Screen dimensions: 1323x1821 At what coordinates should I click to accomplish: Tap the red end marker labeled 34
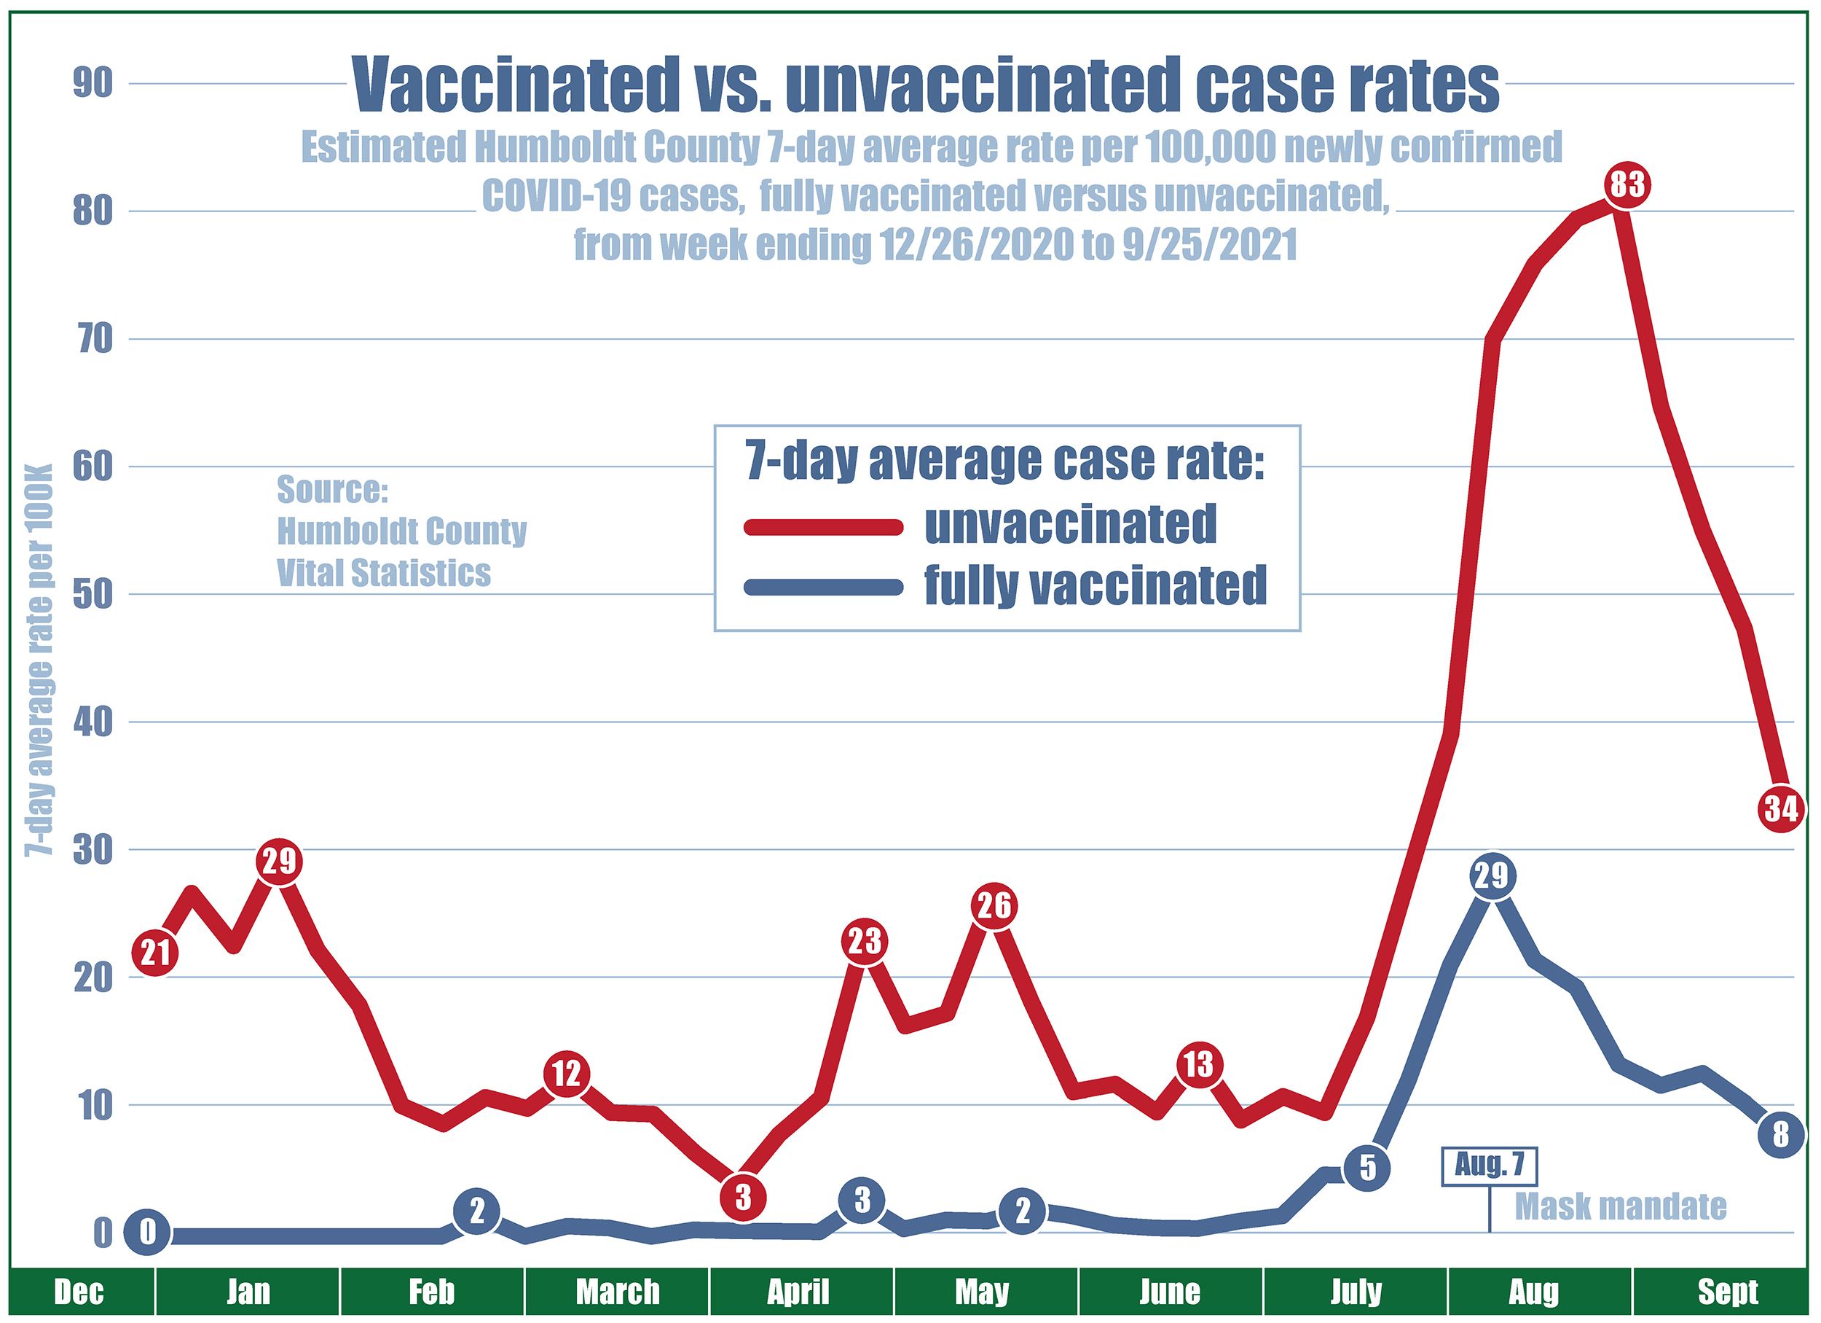coord(1780,809)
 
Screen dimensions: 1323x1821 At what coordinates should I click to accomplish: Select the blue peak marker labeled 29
coord(1492,875)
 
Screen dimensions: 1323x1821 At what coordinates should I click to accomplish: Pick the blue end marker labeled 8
coord(1780,1135)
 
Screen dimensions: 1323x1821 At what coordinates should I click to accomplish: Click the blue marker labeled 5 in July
coord(1368,1168)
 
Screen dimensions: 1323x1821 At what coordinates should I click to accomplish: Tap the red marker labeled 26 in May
coord(994,906)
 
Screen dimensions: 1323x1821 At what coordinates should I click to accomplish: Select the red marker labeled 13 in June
coord(1199,1065)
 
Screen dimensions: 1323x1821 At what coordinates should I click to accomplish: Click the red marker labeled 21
coord(155,953)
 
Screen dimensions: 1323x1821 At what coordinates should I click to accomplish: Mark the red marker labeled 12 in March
coord(567,1074)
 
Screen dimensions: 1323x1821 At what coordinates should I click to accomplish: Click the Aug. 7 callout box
coord(1490,1166)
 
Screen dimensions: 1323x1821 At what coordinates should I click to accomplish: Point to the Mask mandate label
coord(1620,1206)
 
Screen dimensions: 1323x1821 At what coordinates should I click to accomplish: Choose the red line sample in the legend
coord(823,527)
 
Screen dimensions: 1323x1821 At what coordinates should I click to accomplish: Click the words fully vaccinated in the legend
coord(1096,585)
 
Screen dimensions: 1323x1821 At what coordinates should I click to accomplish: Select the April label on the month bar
coord(798,1292)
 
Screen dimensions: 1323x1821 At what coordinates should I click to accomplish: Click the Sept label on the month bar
coord(1728,1292)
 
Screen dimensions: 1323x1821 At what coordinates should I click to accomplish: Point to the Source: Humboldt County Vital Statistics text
coord(401,531)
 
